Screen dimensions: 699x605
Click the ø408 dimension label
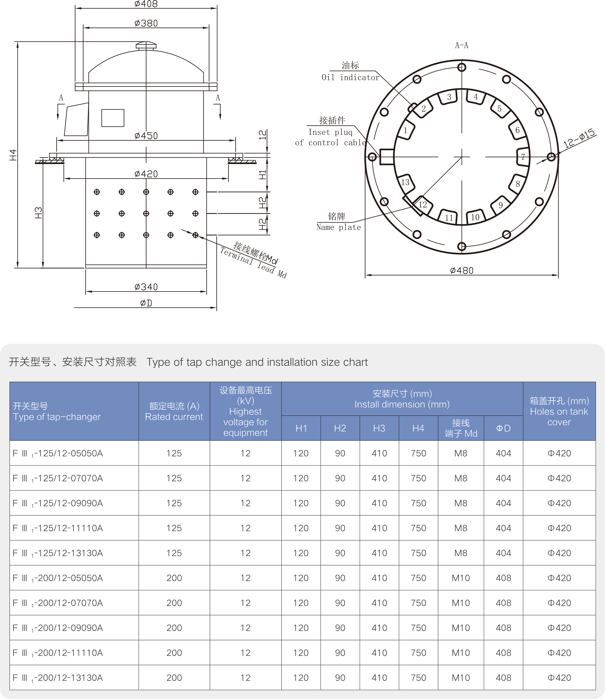coord(146,4)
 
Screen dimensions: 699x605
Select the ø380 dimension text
coord(146,23)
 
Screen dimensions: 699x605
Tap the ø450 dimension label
coord(146,136)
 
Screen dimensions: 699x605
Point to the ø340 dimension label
coord(146,287)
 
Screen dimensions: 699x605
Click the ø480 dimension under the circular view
coord(462,270)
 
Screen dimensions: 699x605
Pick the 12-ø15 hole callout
coord(579,138)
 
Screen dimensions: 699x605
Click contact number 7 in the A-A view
coord(523,157)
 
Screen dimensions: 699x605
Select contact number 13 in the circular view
coord(405,183)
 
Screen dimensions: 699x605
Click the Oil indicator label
coord(350,78)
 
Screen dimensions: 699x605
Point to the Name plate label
coord(338,227)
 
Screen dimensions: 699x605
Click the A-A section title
coord(462,45)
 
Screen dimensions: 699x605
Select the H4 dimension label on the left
coord(13,155)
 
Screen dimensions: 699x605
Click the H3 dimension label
coord(38,213)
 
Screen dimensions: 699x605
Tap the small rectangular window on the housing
coord(113,118)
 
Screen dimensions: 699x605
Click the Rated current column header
coord(174,411)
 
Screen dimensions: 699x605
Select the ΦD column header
coord(503,428)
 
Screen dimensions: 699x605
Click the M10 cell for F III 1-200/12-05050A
coord(460,578)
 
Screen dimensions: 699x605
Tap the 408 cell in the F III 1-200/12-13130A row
coord(503,678)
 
